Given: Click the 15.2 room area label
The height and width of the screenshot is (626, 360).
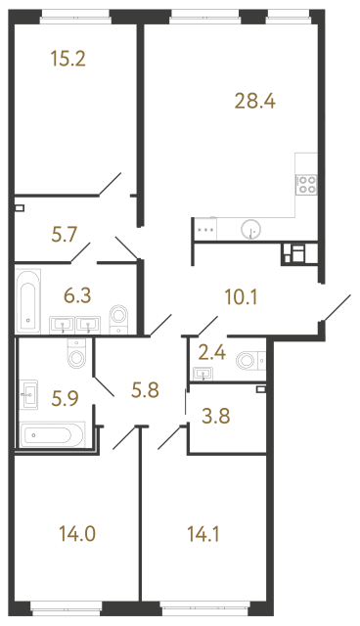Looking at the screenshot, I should tap(68, 58).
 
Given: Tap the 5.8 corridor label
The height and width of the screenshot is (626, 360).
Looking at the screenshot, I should tap(150, 390).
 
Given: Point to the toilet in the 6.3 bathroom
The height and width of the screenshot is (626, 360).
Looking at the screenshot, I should tap(120, 317).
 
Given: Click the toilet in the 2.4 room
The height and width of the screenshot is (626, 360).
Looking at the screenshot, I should tap(247, 361).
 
